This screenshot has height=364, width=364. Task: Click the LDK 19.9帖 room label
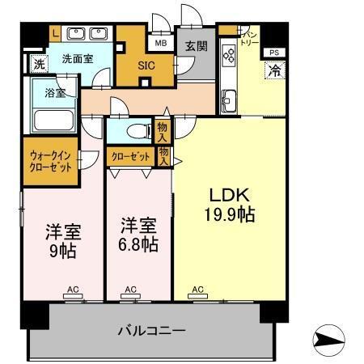tap(228, 205)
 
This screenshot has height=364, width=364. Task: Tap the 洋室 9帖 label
tap(61, 240)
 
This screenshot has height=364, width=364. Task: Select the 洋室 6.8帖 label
tap(139, 234)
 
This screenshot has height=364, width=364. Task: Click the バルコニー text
tap(151, 331)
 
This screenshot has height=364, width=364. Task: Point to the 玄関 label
tap(194, 46)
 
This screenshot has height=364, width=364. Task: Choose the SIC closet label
tap(146, 65)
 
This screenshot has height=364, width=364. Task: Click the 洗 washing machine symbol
tap(38, 63)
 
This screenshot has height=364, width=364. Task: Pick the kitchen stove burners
tap(228, 56)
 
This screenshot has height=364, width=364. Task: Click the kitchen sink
tap(226, 101)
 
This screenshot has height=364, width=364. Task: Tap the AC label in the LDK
tap(197, 288)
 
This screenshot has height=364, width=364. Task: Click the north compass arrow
tap(329, 340)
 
